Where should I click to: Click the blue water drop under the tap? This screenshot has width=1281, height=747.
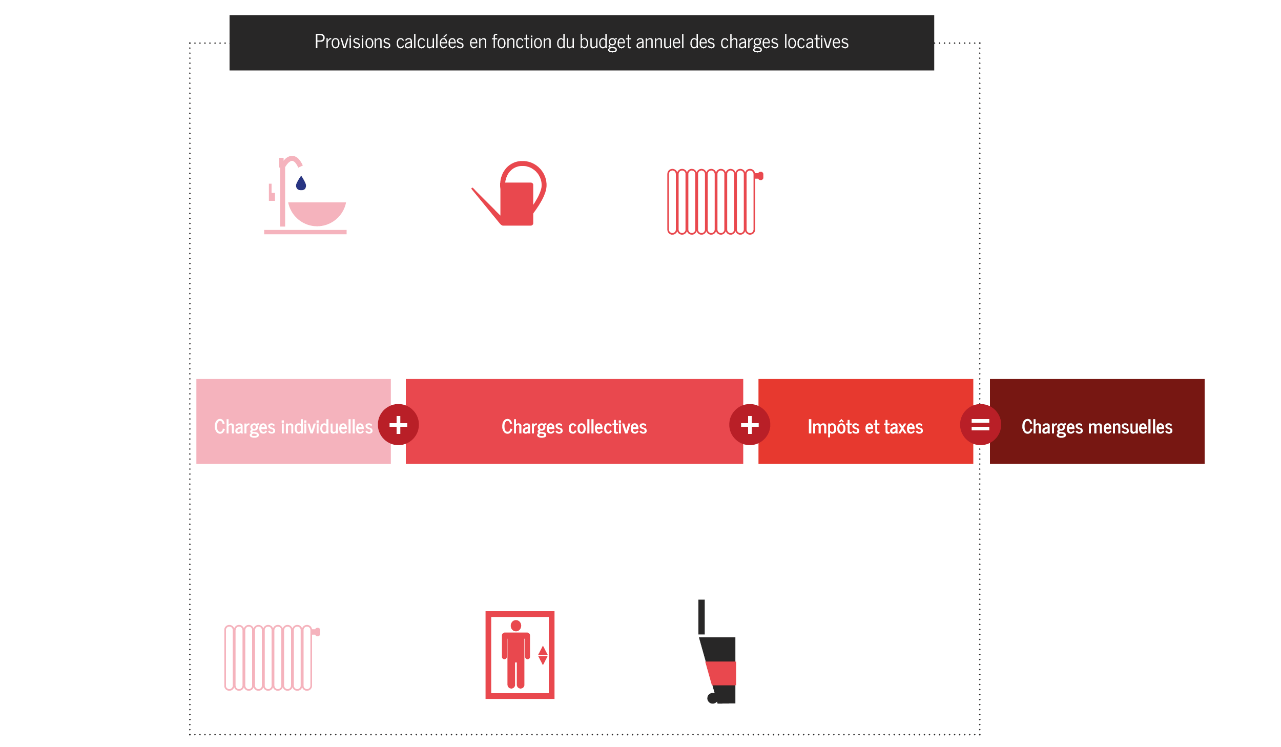(301, 183)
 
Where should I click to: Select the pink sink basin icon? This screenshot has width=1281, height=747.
(317, 213)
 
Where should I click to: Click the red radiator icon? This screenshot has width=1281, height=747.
(712, 201)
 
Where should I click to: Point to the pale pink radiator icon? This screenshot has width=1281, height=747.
(270, 657)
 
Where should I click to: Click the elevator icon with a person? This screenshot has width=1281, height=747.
(520, 654)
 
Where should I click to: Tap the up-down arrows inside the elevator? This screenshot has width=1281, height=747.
(543, 655)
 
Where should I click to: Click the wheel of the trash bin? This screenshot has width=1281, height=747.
(712, 698)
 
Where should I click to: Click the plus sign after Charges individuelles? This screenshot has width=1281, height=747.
(398, 425)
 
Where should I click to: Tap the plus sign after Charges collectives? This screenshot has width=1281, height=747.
(750, 425)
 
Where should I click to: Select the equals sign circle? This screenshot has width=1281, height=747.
(980, 425)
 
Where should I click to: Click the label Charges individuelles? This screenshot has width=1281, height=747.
(293, 427)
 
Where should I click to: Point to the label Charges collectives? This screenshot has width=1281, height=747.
(574, 427)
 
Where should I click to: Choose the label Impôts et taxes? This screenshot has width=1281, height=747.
(865, 427)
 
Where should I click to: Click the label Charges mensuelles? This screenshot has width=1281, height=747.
(1097, 427)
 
